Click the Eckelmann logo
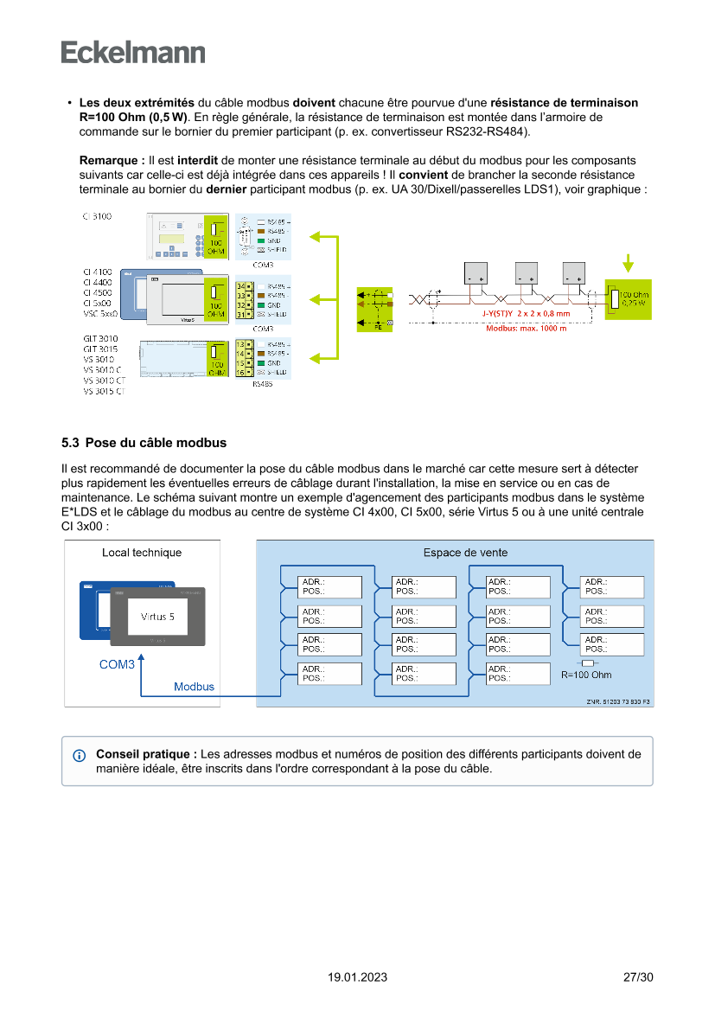(x=133, y=52)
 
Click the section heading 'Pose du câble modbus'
(x=156, y=443)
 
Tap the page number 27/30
(x=638, y=977)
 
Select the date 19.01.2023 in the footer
(x=357, y=977)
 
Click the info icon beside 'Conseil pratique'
(x=80, y=755)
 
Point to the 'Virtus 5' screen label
(x=157, y=617)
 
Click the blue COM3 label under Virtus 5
(x=117, y=665)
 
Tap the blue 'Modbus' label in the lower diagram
(x=194, y=687)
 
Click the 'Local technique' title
(x=142, y=553)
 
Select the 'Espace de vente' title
(x=465, y=553)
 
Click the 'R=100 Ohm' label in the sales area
(x=586, y=675)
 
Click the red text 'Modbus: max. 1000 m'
(x=527, y=328)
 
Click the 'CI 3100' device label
(x=97, y=216)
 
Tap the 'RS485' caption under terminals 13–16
(x=262, y=383)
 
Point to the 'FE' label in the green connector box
(x=378, y=328)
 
